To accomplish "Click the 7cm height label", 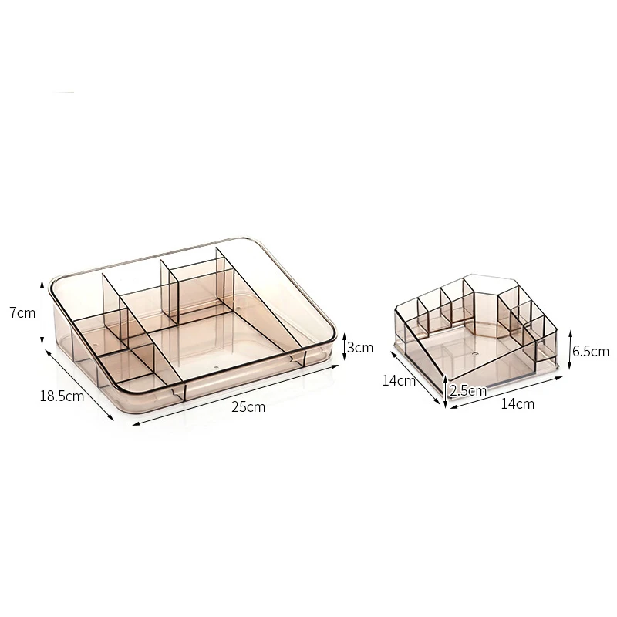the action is [23, 313].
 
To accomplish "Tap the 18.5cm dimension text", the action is [62, 396].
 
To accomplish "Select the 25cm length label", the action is [248, 407].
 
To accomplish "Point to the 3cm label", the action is [360, 348].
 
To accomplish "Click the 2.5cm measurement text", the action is [468, 391].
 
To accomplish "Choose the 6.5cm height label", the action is [590, 351].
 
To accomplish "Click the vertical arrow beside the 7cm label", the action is [42, 312].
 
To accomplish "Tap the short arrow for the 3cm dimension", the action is [344, 346].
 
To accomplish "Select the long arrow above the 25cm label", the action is [235, 395].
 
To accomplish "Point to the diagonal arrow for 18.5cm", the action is [80, 385].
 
